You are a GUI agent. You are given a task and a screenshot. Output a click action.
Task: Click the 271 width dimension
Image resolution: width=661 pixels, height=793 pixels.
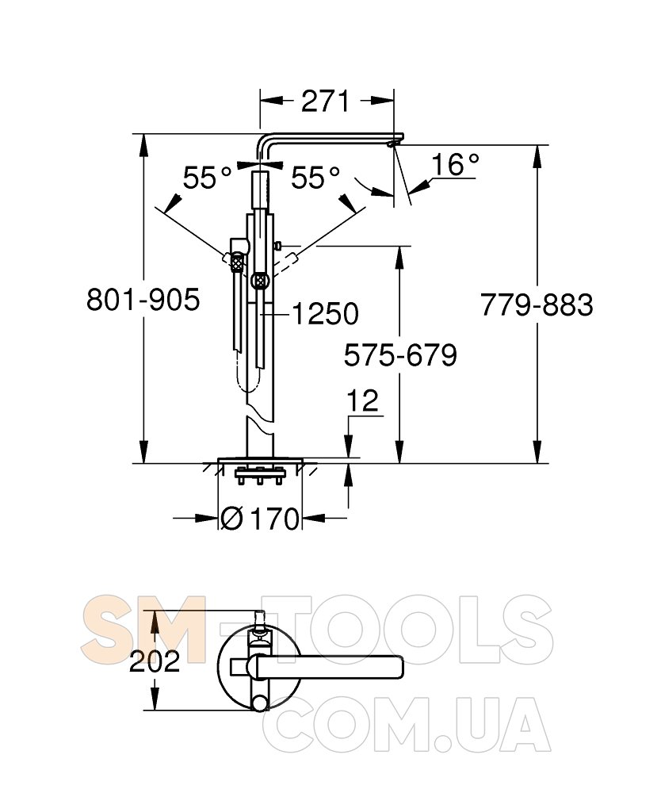click(x=325, y=102)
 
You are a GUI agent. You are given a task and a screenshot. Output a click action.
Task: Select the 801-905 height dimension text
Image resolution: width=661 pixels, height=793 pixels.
click(x=143, y=300)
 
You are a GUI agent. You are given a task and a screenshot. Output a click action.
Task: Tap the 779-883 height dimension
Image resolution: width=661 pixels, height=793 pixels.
click(x=537, y=305)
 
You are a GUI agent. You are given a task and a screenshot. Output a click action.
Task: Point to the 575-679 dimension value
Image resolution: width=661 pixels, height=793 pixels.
click(x=400, y=355)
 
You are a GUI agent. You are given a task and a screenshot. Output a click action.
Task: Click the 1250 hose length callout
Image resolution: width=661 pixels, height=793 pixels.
click(x=325, y=314)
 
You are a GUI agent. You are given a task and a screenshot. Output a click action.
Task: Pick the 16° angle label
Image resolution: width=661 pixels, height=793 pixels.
click(x=455, y=165)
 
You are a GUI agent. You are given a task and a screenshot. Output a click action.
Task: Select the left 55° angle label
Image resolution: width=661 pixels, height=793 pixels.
click(x=207, y=178)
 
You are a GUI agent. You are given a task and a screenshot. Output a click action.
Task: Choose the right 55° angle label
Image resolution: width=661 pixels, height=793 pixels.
click(x=315, y=178)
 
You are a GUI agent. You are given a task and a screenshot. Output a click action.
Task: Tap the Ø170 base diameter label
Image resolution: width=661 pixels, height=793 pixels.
click(x=260, y=519)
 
